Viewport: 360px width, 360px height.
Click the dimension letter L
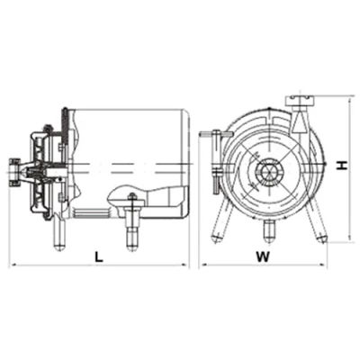click(x=99, y=256)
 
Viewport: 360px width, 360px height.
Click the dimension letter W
click(x=263, y=256)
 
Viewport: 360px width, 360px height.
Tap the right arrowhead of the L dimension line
click(x=186, y=265)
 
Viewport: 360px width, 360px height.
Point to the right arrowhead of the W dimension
click(x=323, y=265)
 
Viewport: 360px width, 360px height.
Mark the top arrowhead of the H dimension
click(x=350, y=100)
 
